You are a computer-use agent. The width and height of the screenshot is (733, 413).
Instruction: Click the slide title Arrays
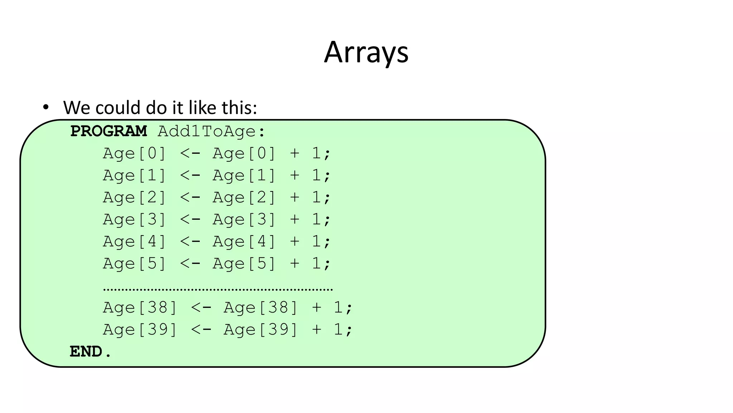pyautogui.click(x=366, y=53)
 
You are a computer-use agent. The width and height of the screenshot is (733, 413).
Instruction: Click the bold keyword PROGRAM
pyautogui.click(x=108, y=131)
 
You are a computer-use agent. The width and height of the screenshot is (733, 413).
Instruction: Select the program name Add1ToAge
pyautogui.click(x=207, y=131)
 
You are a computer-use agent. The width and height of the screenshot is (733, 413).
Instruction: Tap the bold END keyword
pyautogui.click(x=86, y=352)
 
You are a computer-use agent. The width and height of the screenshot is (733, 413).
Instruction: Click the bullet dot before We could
pyautogui.click(x=45, y=107)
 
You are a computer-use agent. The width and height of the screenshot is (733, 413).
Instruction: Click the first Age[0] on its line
pyautogui.click(x=135, y=153)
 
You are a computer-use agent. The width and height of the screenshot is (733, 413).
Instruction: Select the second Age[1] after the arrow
pyautogui.click(x=244, y=176)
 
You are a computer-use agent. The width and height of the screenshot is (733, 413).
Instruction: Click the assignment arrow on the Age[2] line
pyautogui.click(x=190, y=198)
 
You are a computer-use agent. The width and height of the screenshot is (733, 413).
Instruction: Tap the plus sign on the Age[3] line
pyautogui.click(x=295, y=219)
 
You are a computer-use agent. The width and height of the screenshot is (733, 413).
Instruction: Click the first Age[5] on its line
pyautogui.click(x=135, y=264)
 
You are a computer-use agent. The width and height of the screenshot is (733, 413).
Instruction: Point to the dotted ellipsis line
pyautogui.click(x=218, y=289)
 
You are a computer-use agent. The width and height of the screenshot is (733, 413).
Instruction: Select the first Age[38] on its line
pyautogui.click(x=140, y=308)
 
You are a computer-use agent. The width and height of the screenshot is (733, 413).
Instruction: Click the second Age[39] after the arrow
pyautogui.click(x=261, y=329)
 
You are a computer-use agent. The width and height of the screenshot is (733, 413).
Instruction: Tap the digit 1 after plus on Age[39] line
pyautogui.click(x=338, y=329)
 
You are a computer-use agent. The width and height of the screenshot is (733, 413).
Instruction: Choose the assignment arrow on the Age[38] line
pyautogui.click(x=201, y=308)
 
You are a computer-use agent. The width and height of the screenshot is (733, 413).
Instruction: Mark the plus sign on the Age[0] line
pyautogui.click(x=295, y=153)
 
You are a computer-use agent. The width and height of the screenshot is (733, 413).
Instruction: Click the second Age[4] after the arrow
pyautogui.click(x=244, y=242)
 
